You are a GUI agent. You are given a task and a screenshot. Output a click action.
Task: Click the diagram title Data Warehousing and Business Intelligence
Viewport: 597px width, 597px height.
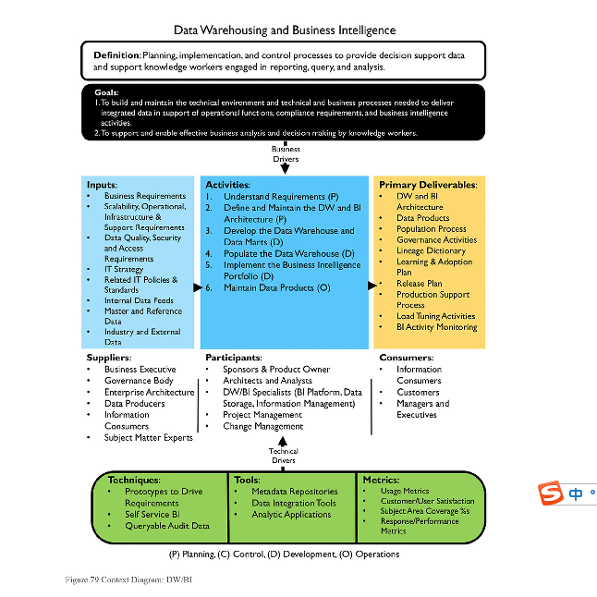tap(285, 30)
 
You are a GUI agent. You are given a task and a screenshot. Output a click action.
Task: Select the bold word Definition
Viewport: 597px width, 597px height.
tap(117, 55)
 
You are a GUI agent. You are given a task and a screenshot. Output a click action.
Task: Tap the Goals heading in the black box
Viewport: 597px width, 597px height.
tap(106, 92)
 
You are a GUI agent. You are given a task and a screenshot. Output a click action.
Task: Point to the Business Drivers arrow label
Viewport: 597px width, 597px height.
tap(286, 153)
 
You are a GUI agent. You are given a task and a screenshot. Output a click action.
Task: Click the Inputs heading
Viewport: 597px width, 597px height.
tap(102, 185)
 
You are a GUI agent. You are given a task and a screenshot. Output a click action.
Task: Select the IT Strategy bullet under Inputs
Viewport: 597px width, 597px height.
tap(124, 269)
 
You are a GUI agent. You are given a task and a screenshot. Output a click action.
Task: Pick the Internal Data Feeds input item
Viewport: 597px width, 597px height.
tap(139, 300)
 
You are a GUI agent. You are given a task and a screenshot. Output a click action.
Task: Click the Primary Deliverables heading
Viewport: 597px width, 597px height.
tap(428, 185)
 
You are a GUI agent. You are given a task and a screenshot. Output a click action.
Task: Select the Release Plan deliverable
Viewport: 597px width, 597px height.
tap(420, 284)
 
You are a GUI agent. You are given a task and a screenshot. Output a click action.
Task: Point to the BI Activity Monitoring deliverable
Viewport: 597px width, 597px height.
tap(437, 327)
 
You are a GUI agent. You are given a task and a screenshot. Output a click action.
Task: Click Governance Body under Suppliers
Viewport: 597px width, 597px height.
tap(139, 381)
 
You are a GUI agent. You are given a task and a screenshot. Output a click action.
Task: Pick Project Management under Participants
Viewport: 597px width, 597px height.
tap(262, 415)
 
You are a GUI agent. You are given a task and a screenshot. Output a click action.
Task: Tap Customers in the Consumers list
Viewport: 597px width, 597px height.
tap(418, 392)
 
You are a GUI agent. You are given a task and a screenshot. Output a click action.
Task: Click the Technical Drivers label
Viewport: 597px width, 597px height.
tap(284, 456)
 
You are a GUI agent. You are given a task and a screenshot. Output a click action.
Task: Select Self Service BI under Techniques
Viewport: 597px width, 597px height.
tap(152, 515)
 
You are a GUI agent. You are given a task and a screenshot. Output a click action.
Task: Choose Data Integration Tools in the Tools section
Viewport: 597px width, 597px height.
tap(294, 504)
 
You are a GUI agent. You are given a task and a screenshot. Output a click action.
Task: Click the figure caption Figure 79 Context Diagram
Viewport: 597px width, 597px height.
tap(128, 579)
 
